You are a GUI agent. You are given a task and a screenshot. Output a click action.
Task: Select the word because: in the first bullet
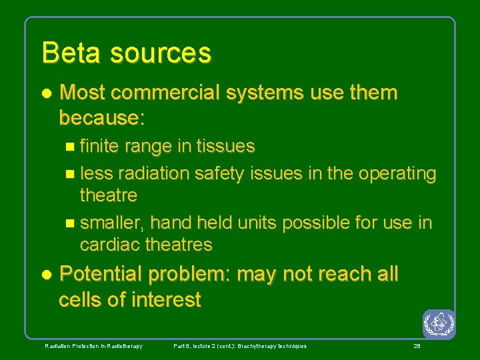point(101,118)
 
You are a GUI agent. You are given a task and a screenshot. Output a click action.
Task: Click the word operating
point(398,173)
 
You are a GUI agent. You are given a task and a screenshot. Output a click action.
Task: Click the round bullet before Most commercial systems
point(46,93)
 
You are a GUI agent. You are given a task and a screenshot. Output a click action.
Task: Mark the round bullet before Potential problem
point(46,275)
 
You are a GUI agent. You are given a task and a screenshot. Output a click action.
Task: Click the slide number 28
point(417,346)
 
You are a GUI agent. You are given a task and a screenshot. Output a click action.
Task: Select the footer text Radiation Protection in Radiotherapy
point(93,346)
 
